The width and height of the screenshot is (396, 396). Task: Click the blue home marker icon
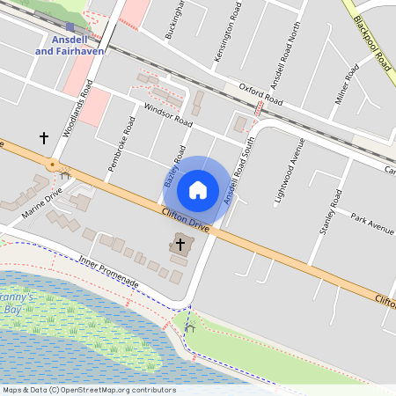(x=198, y=189)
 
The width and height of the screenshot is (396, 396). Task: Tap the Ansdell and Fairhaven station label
(x=69, y=45)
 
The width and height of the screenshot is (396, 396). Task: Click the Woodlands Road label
(x=77, y=109)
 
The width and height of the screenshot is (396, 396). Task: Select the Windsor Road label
(x=166, y=115)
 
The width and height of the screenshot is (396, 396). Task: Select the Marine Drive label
(x=43, y=202)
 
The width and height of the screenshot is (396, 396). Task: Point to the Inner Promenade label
(x=108, y=271)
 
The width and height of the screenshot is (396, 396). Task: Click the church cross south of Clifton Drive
(x=180, y=243)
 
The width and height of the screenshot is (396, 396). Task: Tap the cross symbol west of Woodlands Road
(x=43, y=137)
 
